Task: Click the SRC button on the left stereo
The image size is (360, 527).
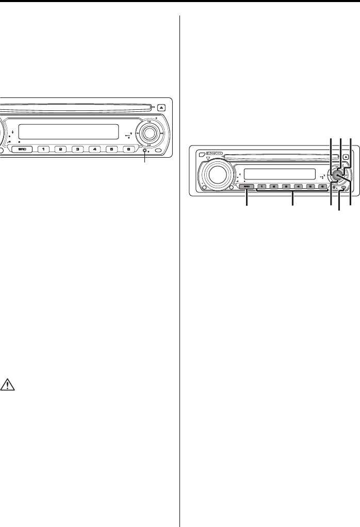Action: (x=22, y=150)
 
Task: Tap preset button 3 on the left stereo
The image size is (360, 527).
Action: (x=77, y=150)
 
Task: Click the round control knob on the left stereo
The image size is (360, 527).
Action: (x=149, y=133)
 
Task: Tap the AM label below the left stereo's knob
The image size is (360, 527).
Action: (x=149, y=145)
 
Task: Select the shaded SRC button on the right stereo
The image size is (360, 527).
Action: (x=247, y=186)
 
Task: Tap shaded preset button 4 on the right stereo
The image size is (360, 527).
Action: (x=299, y=186)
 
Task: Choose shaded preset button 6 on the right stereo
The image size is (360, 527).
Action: (x=322, y=186)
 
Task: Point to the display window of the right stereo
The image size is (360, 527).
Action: (x=279, y=173)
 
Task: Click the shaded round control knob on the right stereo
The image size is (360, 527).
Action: (x=338, y=174)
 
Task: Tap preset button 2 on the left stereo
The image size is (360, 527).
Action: (x=61, y=150)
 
